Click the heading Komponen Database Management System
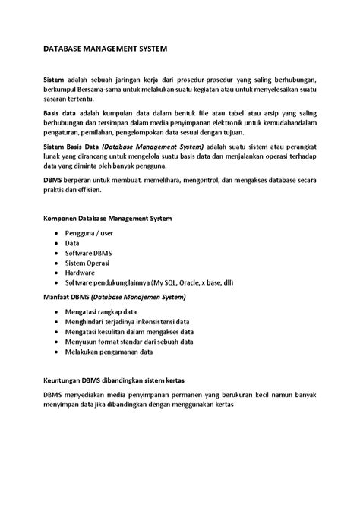107,218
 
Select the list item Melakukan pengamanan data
109,352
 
